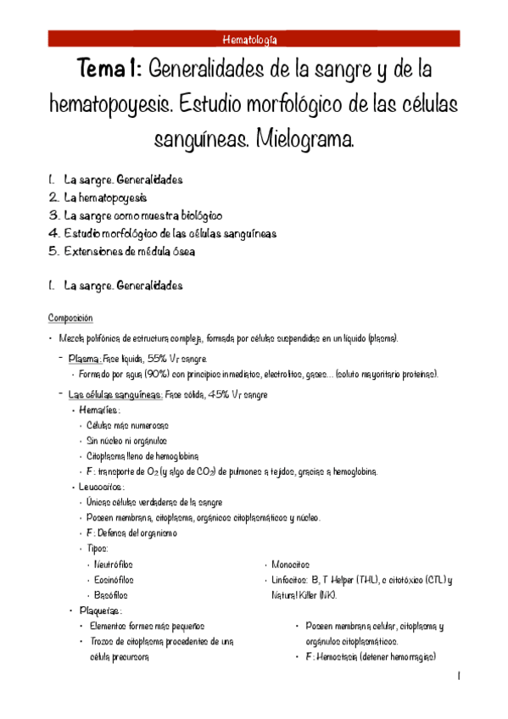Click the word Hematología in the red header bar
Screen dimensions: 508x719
point(254,39)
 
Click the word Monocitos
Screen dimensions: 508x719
point(291,564)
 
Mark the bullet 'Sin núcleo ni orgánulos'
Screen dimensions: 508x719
point(126,441)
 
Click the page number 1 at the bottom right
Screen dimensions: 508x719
point(458,676)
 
